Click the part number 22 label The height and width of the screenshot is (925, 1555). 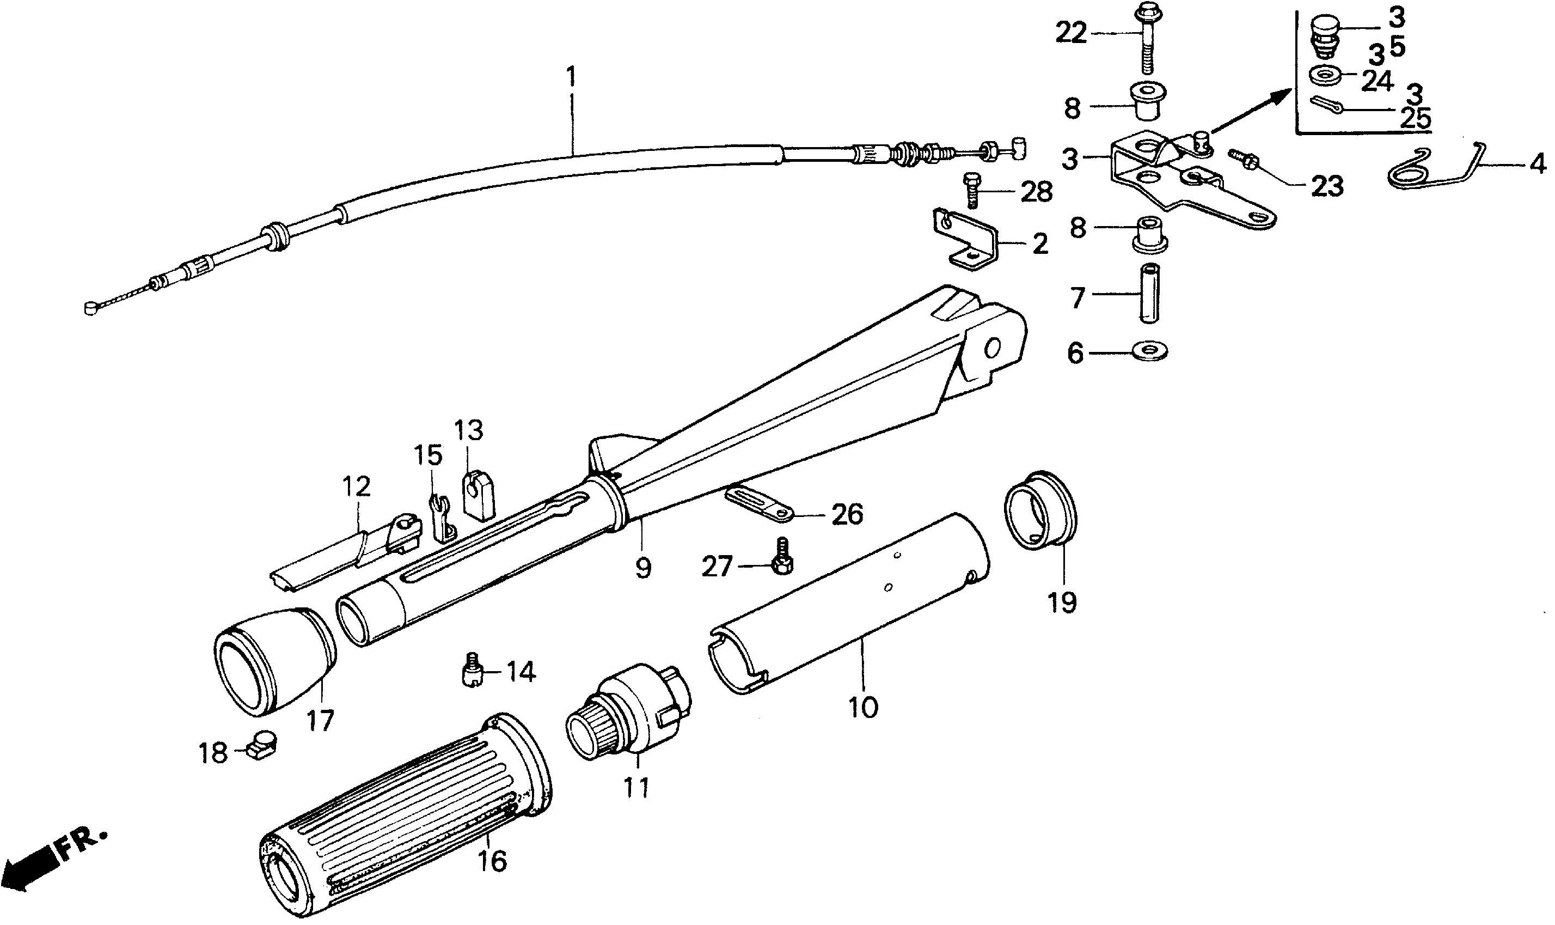(1070, 33)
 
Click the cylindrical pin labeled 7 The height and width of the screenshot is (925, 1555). (1149, 293)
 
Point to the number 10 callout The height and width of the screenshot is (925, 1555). (863, 708)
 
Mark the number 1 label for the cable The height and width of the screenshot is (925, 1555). (570, 79)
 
